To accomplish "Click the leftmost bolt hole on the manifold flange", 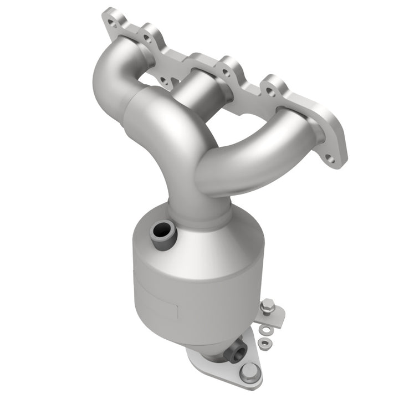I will click(x=113, y=23).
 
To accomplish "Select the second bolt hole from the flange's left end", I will click(x=146, y=38).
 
